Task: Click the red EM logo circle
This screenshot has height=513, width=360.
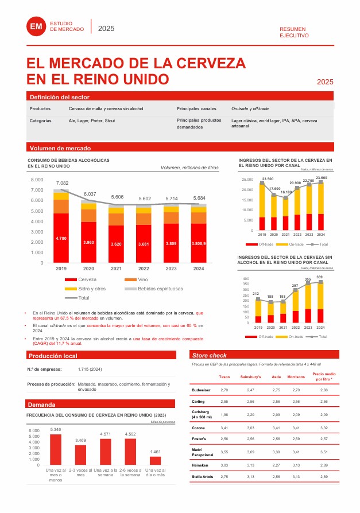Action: tap(36, 26)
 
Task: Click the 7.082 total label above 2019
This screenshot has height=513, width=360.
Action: tap(62, 183)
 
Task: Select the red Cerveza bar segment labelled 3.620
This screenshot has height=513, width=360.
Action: tap(117, 244)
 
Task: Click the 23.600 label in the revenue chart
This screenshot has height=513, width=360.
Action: tap(321, 178)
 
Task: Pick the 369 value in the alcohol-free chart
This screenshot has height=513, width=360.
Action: tap(319, 277)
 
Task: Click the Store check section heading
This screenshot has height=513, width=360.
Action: tap(210, 356)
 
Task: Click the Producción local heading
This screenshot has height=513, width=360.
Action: tap(53, 356)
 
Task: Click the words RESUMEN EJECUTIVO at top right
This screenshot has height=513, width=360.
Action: tap(294, 32)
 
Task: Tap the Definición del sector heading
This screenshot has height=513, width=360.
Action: tap(60, 98)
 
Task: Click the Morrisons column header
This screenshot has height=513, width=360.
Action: tap(296, 377)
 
